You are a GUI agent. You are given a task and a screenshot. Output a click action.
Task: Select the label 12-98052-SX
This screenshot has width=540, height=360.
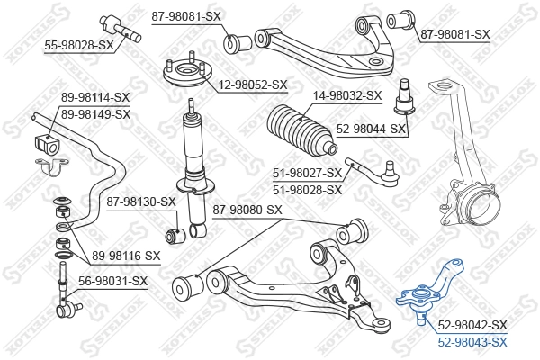[x=251, y=85]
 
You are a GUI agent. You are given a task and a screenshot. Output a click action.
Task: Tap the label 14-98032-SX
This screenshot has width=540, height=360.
[x=346, y=94]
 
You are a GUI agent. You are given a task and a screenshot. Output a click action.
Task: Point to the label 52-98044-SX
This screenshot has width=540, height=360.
[x=372, y=130]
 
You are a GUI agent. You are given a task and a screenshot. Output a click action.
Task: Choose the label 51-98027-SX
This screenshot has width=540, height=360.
[x=307, y=173]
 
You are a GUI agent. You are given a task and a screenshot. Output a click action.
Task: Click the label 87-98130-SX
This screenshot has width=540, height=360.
[x=140, y=202]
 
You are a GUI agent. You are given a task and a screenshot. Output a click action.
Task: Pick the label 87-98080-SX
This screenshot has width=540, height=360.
[x=247, y=210]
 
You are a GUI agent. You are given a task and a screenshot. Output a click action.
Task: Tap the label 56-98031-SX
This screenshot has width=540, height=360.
[x=112, y=281]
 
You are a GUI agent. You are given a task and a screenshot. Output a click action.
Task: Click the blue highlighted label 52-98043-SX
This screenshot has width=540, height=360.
[x=472, y=341]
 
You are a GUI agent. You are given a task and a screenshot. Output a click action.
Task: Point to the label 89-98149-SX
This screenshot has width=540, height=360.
[x=95, y=114]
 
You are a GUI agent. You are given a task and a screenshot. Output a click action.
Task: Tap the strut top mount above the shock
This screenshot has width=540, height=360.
[x=183, y=71]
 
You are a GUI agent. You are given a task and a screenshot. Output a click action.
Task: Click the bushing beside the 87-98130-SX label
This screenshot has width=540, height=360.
[x=178, y=236]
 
